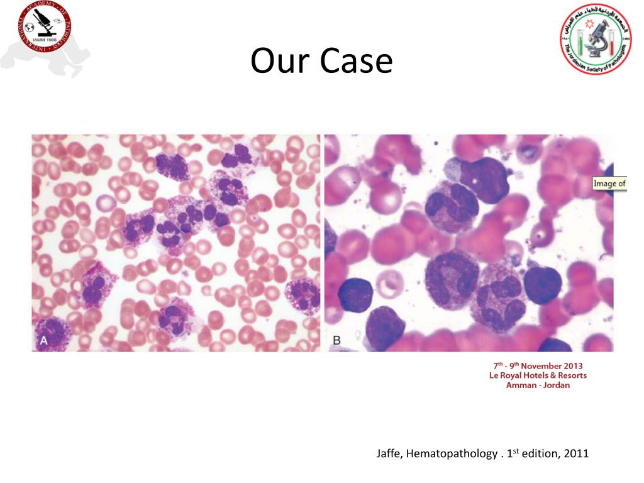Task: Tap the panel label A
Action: click(x=45, y=340)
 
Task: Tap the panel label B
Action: click(x=336, y=340)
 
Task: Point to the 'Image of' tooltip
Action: click(x=610, y=184)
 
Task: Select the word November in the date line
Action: click(x=541, y=366)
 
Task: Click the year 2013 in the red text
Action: click(x=573, y=366)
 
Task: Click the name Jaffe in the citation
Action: click(x=389, y=453)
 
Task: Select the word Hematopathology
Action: click(x=452, y=453)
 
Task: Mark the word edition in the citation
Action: click(x=541, y=453)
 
